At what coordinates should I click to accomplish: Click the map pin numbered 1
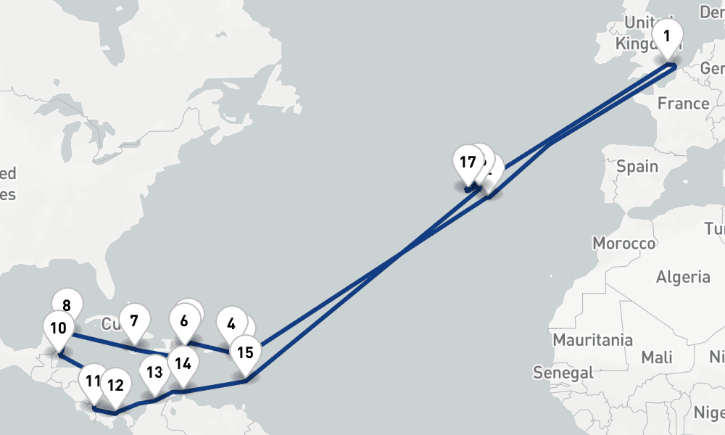[667, 36]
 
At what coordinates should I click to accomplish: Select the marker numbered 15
[246, 353]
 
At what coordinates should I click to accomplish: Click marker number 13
[154, 373]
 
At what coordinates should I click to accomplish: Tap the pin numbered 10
[67, 305]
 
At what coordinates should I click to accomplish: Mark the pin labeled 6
[184, 320]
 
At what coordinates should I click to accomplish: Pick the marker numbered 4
[232, 323]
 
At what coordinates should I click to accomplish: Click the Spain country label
[637, 167]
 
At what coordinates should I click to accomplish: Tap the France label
[683, 104]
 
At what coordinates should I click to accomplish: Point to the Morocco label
[623, 243]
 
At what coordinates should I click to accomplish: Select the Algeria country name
[683, 276]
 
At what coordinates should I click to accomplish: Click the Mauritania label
[592, 340]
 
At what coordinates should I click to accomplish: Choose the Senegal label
[563, 373]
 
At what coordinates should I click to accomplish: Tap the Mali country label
[656, 357]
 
